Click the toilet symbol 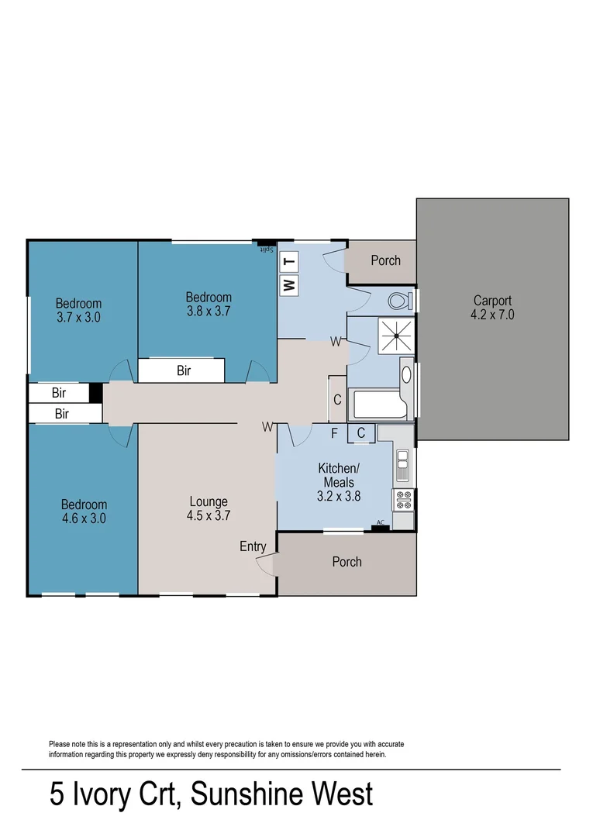coord(400,301)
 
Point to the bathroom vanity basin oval coord(406,375)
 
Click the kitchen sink coord(403,466)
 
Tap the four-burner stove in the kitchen coord(404,500)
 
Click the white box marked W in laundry coord(289,285)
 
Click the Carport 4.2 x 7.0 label coord(493,308)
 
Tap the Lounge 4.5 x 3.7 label coord(208,508)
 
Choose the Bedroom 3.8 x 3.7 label coord(209,304)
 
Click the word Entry coord(253,546)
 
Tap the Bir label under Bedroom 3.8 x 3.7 coord(184,370)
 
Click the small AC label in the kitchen coord(380,523)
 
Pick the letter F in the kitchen coord(334,434)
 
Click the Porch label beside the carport coord(385,260)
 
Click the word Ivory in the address coord(97,795)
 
